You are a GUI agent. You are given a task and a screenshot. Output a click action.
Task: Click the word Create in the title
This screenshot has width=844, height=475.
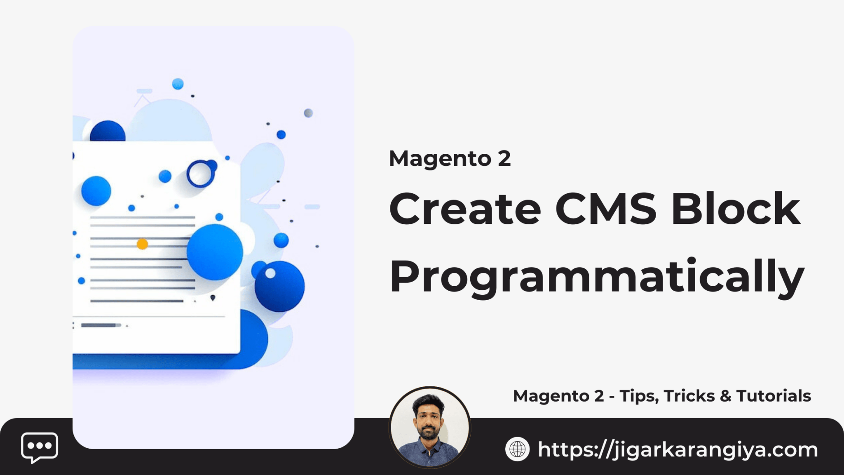pyautogui.click(x=465, y=209)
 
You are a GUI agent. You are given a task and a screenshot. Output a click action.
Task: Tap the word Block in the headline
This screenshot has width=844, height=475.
pyautogui.click(x=736, y=209)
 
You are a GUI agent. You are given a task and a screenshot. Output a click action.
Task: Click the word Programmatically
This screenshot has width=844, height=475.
pyautogui.click(x=597, y=277)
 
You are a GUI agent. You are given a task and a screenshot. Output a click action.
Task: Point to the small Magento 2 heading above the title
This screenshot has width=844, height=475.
pyautogui.click(x=450, y=159)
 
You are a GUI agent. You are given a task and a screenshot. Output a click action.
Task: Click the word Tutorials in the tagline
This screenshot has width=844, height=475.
pyautogui.click(x=774, y=396)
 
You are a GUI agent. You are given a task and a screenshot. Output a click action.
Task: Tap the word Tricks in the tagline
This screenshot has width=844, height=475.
pyautogui.click(x=689, y=396)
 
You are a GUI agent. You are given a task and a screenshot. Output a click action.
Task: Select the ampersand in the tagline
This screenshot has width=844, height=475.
pyautogui.click(x=725, y=396)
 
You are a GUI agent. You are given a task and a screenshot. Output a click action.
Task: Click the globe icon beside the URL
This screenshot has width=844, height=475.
pyautogui.click(x=517, y=449)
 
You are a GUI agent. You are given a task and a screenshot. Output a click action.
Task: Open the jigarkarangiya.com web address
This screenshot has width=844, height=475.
pyautogui.click(x=678, y=449)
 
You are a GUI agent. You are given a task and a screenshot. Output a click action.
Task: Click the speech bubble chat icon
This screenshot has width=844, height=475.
pyautogui.click(x=40, y=447)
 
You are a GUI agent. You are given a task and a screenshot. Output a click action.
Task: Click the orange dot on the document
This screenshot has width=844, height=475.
pyautogui.click(x=142, y=244)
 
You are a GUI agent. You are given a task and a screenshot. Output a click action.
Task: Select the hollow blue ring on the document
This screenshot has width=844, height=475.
pyautogui.click(x=200, y=174)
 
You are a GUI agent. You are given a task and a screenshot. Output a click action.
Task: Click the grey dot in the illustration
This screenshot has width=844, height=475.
pyautogui.click(x=308, y=113)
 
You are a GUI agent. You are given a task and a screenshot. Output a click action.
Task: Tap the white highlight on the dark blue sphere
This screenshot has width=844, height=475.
pyautogui.click(x=270, y=273)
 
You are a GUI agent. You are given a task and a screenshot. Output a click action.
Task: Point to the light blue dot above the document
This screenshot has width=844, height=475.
pyautogui.click(x=178, y=84)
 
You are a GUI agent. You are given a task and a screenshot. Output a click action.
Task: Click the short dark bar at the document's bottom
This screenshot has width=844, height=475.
pyautogui.click(x=99, y=325)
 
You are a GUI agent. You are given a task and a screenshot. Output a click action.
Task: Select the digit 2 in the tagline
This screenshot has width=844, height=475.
pyautogui.click(x=599, y=396)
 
